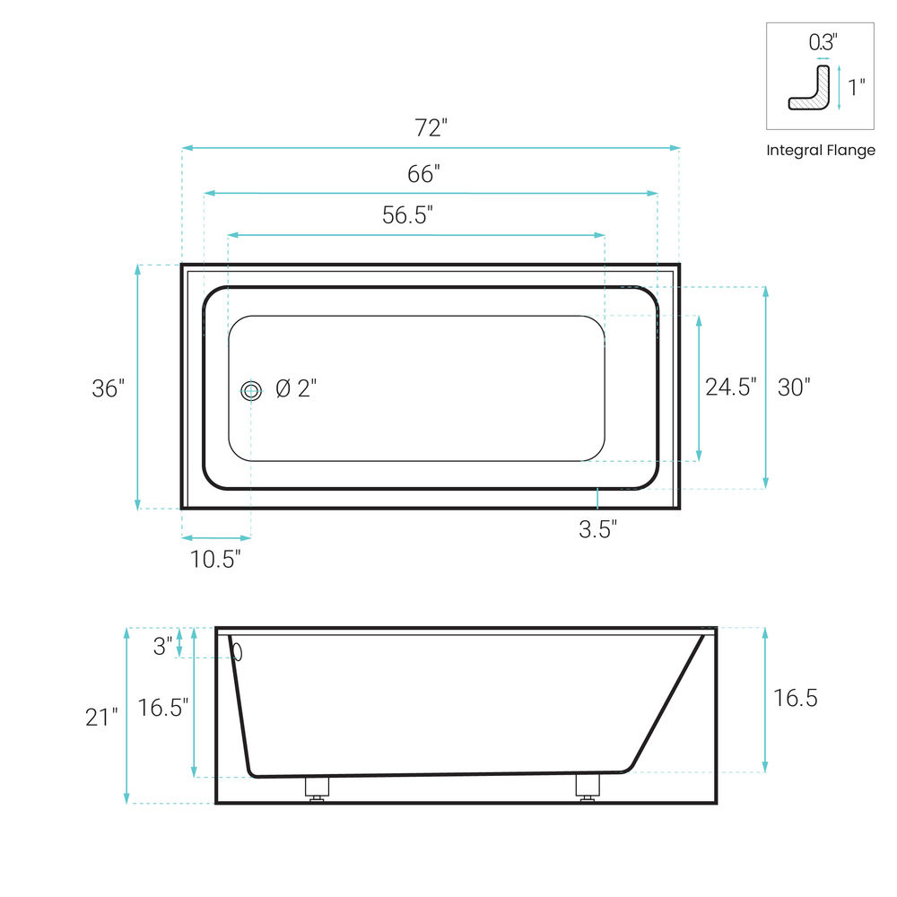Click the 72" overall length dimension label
click(431, 127)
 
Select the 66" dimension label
click(423, 174)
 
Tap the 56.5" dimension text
click(407, 215)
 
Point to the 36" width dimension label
click(109, 388)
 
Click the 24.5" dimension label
click(730, 388)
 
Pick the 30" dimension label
click(794, 388)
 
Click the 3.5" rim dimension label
click(597, 529)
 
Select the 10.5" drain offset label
click(215, 559)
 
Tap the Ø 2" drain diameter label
click(296, 388)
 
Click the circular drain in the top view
click(251, 391)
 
